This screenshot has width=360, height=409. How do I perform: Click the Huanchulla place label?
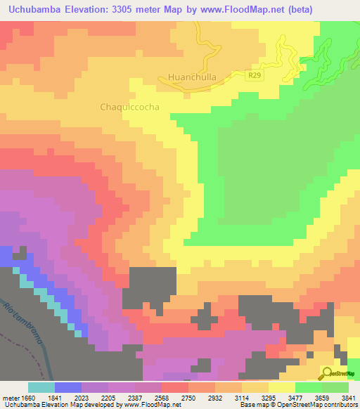click(x=192, y=77)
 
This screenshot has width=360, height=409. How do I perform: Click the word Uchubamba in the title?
click(x=36, y=9)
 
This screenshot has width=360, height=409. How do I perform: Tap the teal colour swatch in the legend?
click(x=41, y=387)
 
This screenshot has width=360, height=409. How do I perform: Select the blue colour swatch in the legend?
click(x=68, y=387)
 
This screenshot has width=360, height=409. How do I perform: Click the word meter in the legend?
click(x=10, y=398)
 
